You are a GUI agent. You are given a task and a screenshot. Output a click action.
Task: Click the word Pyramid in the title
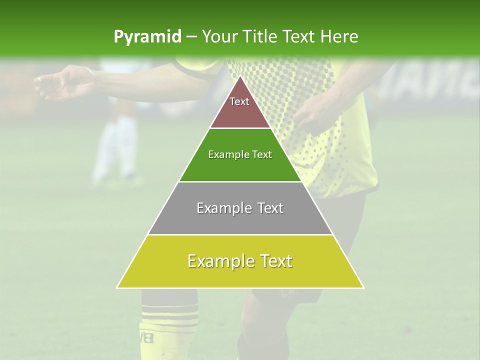pos(147,37)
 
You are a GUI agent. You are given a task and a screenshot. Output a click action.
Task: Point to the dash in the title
pos(191,37)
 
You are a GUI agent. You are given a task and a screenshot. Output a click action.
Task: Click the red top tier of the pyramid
pos(240,107)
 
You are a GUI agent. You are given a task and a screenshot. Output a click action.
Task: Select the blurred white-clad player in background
pos(115,145)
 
